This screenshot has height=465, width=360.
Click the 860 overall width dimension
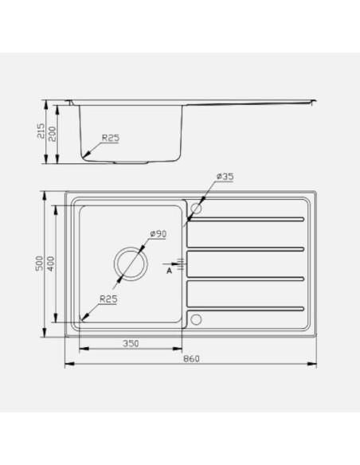[x=191, y=359]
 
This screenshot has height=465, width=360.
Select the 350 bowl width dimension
[x=131, y=343]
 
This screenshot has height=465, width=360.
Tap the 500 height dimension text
[x=40, y=264]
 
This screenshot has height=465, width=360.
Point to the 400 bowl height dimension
[x=51, y=264]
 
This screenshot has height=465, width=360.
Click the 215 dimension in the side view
[x=41, y=131]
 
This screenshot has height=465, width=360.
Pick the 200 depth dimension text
[x=53, y=134]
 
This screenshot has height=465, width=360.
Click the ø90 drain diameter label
[x=158, y=233]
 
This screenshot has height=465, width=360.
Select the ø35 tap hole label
[x=225, y=177]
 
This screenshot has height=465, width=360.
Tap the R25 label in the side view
[x=111, y=138]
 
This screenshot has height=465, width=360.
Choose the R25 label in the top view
[x=108, y=299]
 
